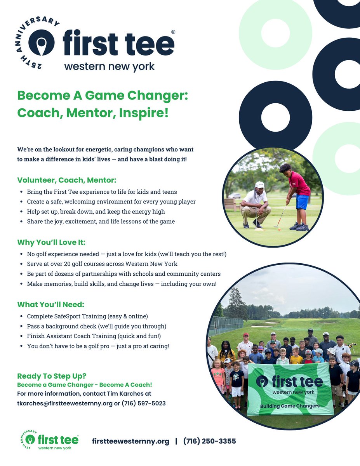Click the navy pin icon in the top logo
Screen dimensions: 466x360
[41, 43]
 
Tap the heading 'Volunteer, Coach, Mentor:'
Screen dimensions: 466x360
[67, 180]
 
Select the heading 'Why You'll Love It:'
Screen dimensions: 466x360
[51, 243]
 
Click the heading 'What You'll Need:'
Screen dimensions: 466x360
[50, 304]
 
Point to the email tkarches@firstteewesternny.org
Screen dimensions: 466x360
[62, 403]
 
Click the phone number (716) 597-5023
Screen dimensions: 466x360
[144, 403]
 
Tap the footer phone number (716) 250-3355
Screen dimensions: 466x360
[209, 441]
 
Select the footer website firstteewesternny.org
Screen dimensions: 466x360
[130, 441]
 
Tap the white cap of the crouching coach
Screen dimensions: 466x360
[260, 185]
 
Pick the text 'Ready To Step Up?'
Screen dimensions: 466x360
[52, 376]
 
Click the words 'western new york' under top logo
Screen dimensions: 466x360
[109, 66]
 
